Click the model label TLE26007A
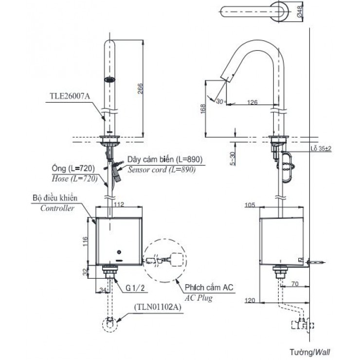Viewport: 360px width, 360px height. (x=70, y=96)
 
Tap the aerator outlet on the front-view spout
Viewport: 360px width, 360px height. (x=110, y=79)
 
